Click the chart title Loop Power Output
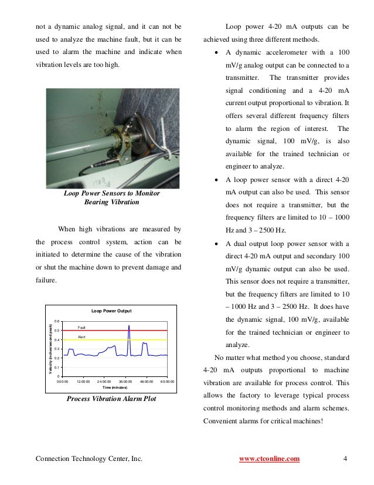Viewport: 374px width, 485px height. [111, 311]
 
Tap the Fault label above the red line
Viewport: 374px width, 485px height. [82, 327]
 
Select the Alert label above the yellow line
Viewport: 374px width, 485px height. [82, 337]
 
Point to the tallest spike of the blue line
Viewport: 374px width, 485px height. [128, 325]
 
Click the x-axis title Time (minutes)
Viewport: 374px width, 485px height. [111, 388]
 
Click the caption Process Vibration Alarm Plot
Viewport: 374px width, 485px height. [111, 399]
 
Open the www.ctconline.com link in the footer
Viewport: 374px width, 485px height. [270, 458]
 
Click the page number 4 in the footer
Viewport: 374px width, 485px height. [346, 458]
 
